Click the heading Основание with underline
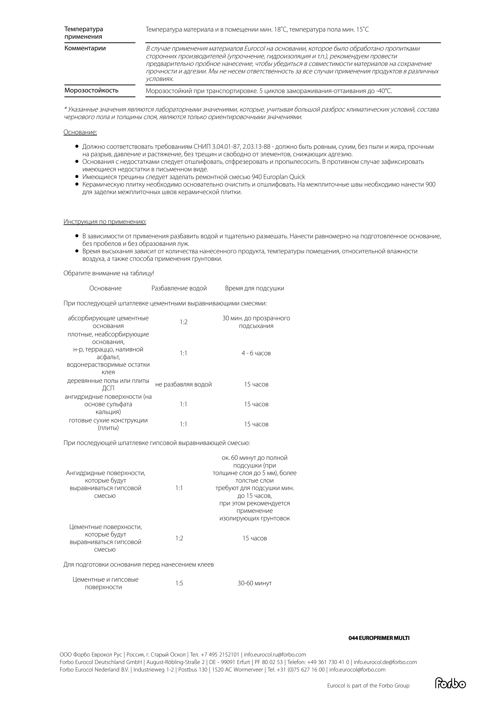80,132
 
